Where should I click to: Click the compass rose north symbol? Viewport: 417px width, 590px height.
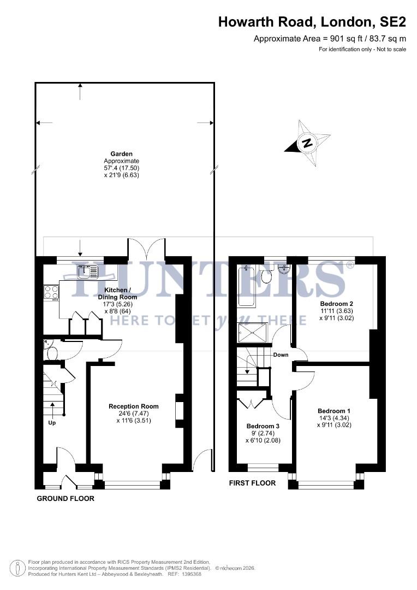(x=307, y=143)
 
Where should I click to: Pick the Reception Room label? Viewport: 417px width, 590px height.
(x=134, y=406)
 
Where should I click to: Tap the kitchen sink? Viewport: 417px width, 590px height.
(x=87, y=271)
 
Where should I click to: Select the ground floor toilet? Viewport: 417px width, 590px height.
(x=52, y=353)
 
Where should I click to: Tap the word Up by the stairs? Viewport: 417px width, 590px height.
(x=53, y=422)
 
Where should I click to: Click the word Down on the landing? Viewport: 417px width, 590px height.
(x=281, y=355)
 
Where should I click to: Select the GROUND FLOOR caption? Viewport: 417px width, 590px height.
(x=65, y=498)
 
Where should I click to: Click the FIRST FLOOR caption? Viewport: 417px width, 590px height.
(x=252, y=483)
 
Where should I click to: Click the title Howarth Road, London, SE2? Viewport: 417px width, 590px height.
(x=312, y=22)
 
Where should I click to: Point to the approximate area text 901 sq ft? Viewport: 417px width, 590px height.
(x=330, y=39)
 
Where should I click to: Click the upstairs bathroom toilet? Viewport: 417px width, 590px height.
(x=266, y=276)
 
